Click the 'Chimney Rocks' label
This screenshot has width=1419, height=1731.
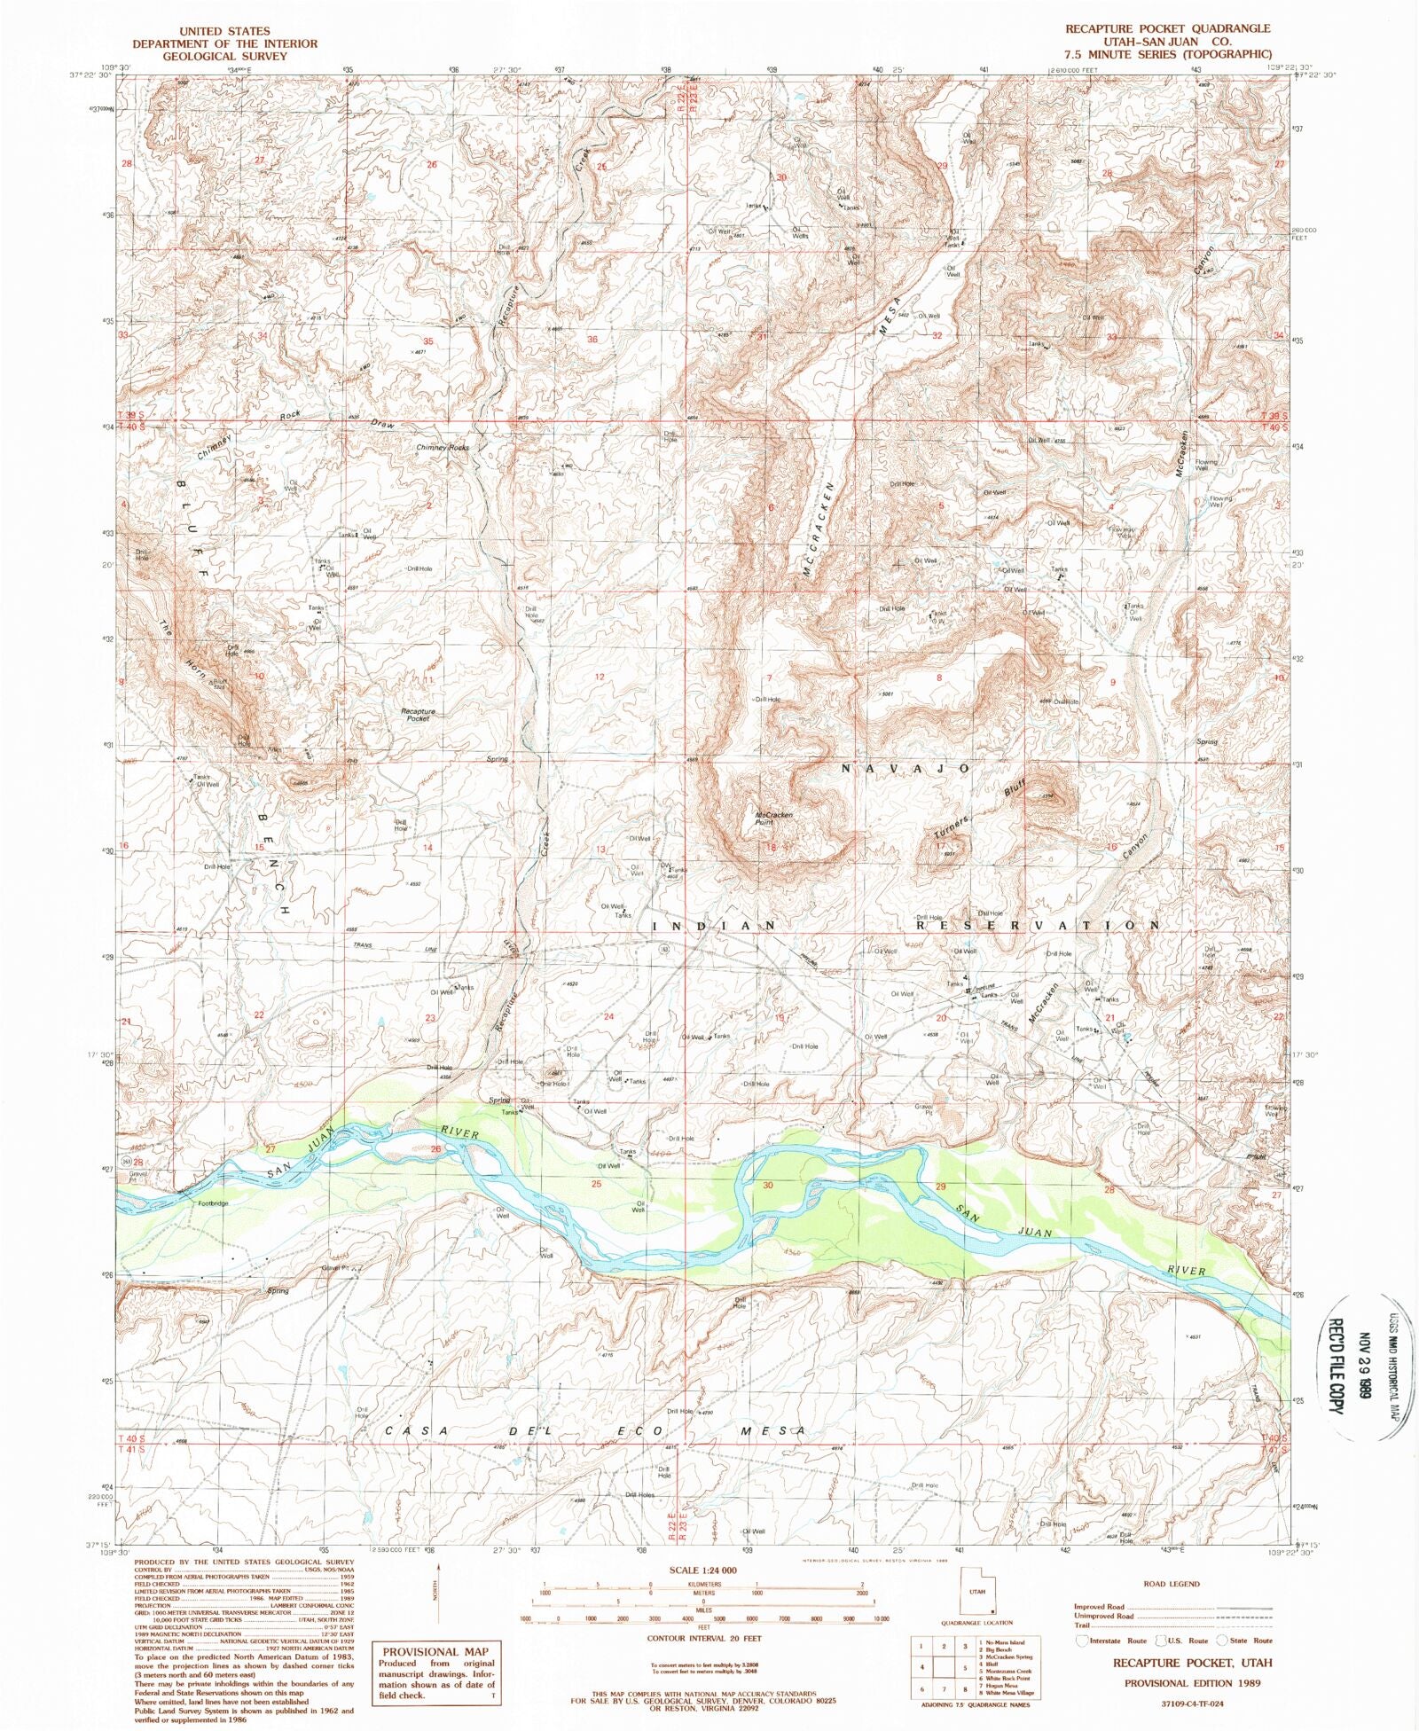[443, 448]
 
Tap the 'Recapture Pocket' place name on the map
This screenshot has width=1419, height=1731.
[418, 715]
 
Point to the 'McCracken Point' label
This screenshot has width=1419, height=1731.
[772, 818]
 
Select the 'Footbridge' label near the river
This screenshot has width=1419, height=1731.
[213, 1203]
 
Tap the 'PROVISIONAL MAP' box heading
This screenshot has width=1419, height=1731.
[435, 1651]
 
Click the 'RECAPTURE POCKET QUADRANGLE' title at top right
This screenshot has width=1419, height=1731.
[1167, 28]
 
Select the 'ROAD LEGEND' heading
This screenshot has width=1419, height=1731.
[1172, 1583]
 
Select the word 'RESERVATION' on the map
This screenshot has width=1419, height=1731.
[1037, 925]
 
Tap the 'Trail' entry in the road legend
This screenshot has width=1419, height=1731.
[1082, 1625]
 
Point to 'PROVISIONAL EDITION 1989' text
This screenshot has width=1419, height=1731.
[1192, 1682]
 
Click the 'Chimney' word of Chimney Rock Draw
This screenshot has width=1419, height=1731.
[215, 444]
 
